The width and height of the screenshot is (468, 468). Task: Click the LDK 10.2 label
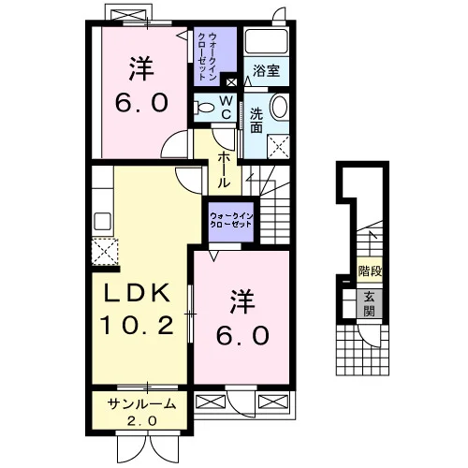[x=137, y=309]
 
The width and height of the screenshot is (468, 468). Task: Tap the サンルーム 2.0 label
[x=142, y=413]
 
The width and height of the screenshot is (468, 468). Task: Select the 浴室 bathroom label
[x=266, y=71]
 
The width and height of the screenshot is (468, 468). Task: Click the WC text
[x=227, y=108]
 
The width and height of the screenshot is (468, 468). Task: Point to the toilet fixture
[x=204, y=108]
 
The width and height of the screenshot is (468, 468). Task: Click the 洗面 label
[x=256, y=121]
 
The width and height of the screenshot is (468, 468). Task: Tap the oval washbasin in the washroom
[x=279, y=107]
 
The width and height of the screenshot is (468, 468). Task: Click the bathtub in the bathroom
[x=266, y=42]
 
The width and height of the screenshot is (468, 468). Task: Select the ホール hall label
[x=224, y=170]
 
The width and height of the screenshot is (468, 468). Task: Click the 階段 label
[x=370, y=271]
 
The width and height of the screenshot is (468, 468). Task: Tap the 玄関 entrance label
[x=370, y=304]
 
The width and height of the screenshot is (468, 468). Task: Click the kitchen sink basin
[x=102, y=221]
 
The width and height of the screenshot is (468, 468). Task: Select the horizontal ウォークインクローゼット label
[x=231, y=220]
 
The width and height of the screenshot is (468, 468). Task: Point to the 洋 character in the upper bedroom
[x=141, y=68]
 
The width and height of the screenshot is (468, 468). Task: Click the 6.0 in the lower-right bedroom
[x=242, y=336]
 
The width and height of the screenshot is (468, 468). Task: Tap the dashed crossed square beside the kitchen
[x=105, y=252]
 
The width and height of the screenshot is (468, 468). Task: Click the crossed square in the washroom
[x=279, y=147]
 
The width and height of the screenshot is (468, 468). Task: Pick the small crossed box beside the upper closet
[x=231, y=82]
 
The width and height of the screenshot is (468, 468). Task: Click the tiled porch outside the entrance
[x=362, y=350]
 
